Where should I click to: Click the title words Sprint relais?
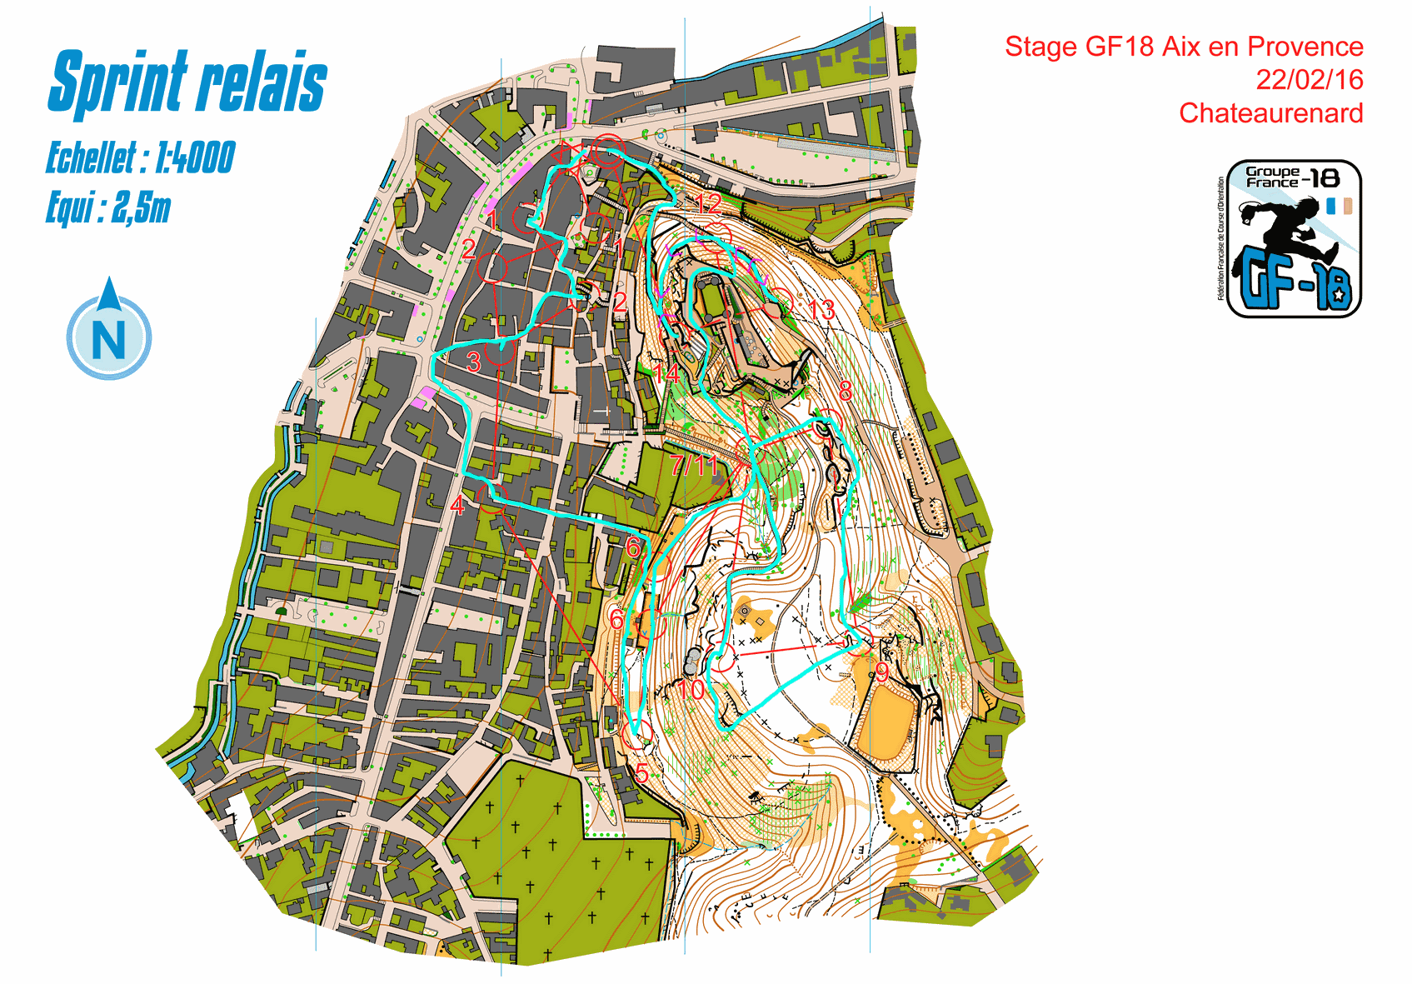tap(187, 82)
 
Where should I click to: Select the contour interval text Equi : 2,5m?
tap(107, 207)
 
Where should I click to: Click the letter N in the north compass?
tap(109, 338)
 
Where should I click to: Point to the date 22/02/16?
tap(1309, 80)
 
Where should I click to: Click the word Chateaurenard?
tap(1270, 113)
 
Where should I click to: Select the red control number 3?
tap(474, 362)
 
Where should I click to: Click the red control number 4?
tap(457, 505)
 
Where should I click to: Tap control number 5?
tap(642, 773)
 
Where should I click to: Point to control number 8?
tap(845, 390)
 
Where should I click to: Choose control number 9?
tap(881, 671)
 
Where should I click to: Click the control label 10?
tap(691, 689)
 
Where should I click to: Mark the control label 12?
tap(708, 202)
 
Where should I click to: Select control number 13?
tap(821, 310)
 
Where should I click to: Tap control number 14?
tap(666, 374)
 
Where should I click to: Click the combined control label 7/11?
tap(694, 465)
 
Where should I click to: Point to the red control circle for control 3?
tap(499, 352)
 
